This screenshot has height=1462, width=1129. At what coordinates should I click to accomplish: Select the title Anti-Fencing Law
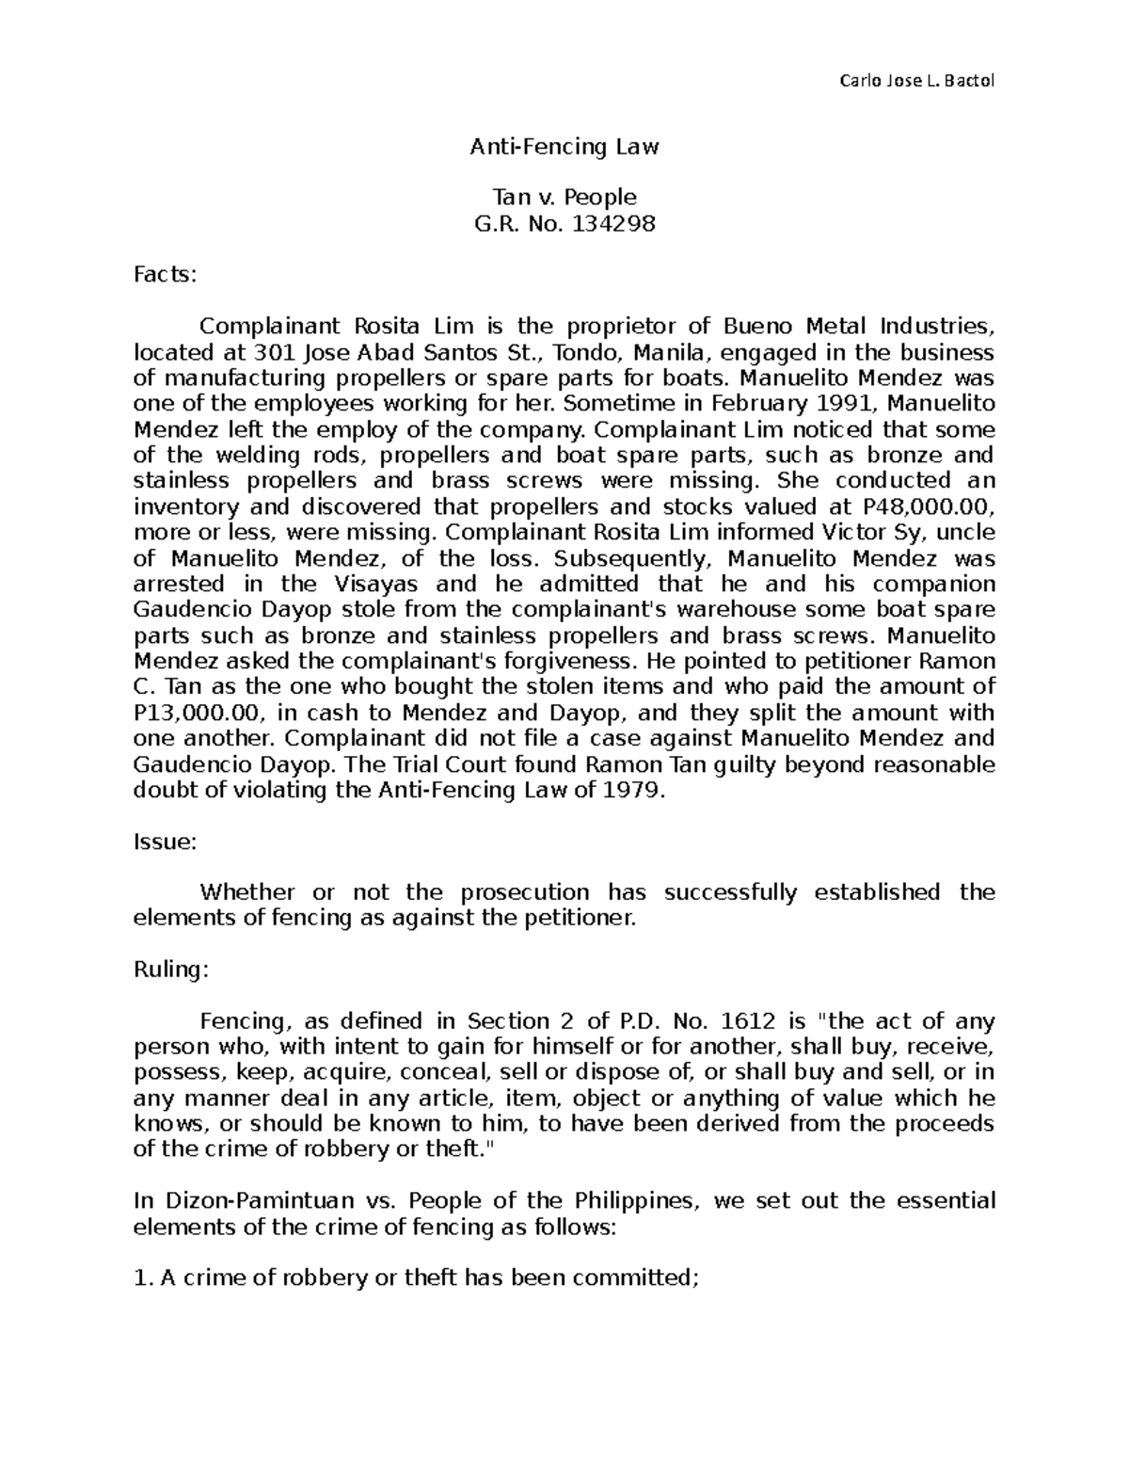coord(564,147)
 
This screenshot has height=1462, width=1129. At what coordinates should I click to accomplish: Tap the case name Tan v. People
coord(564,197)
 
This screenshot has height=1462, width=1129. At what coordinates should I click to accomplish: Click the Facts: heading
coord(166,275)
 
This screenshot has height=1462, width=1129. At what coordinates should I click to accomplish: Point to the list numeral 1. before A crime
coord(142,1278)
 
